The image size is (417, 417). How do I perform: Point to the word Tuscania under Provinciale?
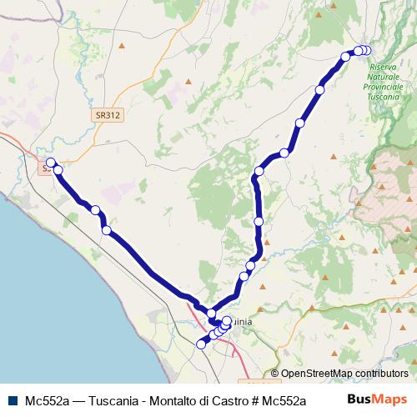point(384,96)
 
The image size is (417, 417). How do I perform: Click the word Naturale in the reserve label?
point(384,76)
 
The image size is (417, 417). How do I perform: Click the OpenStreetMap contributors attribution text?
point(344,374)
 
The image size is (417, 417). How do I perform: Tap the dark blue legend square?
point(14,399)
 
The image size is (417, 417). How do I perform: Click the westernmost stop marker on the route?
point(50,163)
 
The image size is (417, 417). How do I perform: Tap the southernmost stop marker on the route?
point(200,344)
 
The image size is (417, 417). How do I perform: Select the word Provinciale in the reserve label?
point(384,86)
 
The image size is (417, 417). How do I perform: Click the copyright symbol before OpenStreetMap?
point(275,374)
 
